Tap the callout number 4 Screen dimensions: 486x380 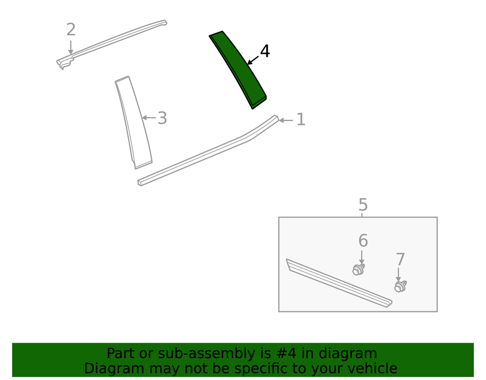point(265,51)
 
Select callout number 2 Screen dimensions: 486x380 point(71,30)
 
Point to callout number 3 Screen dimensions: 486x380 point(162,118)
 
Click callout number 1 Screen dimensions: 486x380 point(301,119)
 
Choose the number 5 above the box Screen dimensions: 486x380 point(363,205)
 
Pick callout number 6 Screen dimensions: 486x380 point(363,241)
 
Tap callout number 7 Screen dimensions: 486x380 point(400,260)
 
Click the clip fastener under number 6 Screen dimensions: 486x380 point(359,269)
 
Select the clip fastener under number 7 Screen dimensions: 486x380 point(400,286)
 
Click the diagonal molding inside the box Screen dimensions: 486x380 point(339,283)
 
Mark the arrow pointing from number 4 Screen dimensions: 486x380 point(253,60)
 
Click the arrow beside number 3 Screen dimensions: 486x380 point(149,118)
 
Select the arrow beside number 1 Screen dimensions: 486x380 point(286,120)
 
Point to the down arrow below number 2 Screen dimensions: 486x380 point(71,48)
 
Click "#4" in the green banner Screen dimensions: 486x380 point(286,353)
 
